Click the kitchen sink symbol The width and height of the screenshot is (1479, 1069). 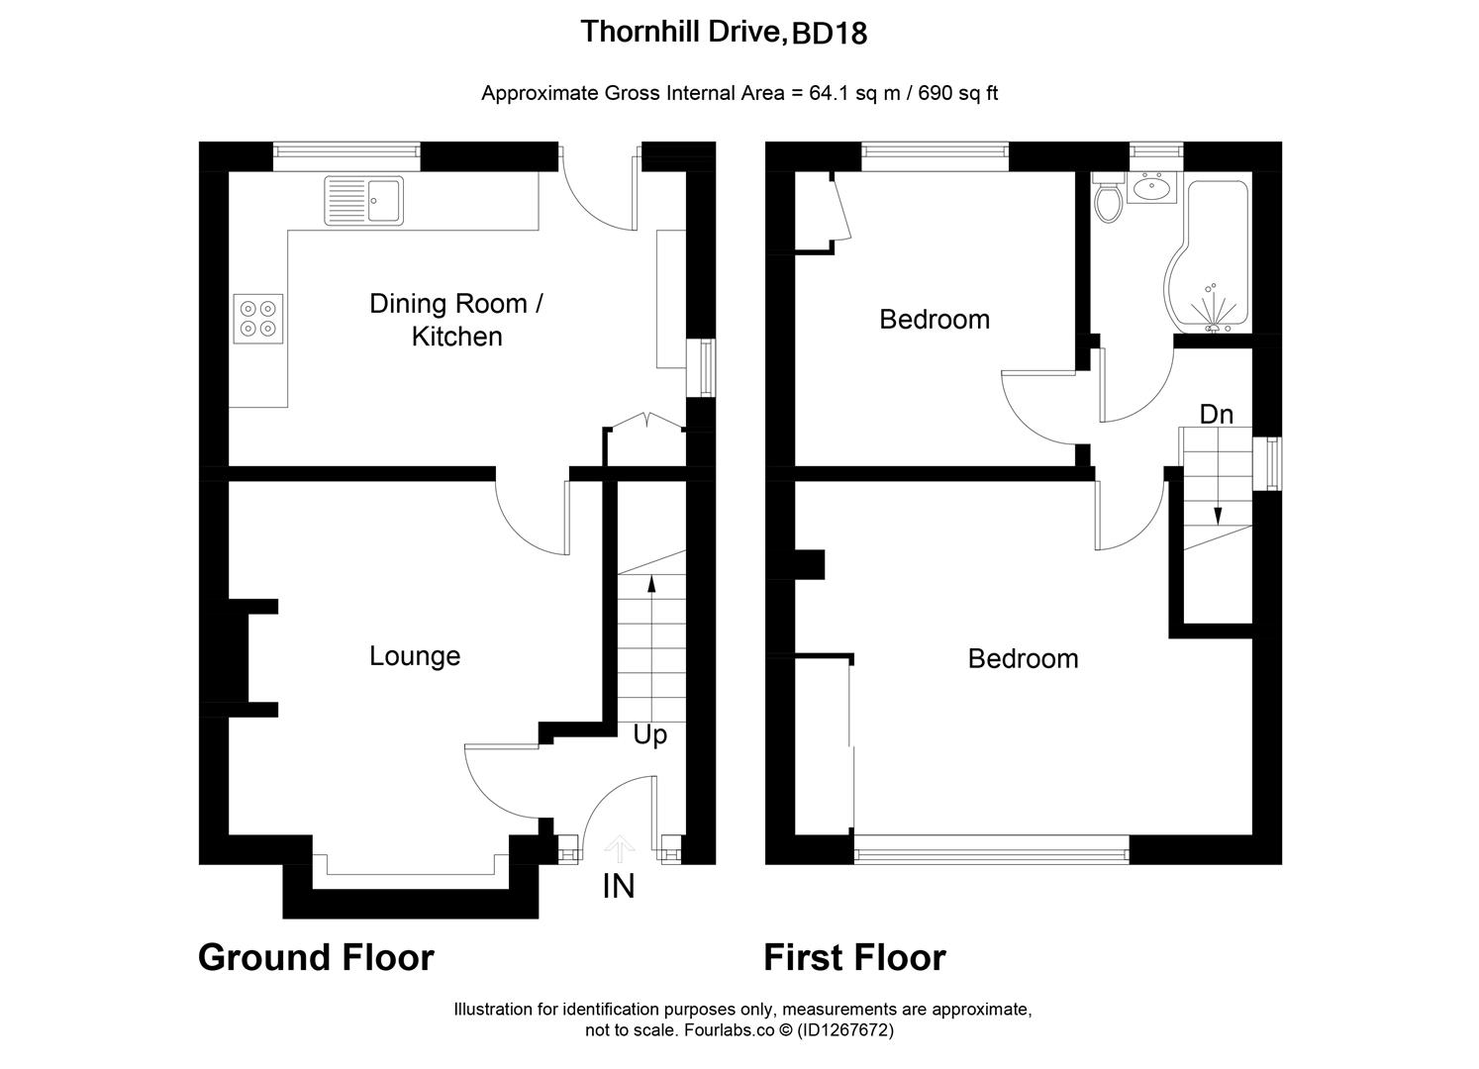click(x=363, y=201)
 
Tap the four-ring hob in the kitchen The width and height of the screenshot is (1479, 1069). click(x=258, y=319)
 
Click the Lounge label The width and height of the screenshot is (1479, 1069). click(x=415, y=656)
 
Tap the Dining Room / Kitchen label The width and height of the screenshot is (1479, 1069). click(x=456, y=320)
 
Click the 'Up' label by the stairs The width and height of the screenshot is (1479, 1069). click(x=650, y=735)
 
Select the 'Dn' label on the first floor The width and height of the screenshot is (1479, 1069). click(x=1217, y=414)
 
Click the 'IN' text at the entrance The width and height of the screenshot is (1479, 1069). click(x=619, y=887)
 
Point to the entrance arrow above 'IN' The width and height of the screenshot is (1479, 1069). click(x=620, y=847)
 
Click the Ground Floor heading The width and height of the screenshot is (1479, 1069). click(x=316, y=957)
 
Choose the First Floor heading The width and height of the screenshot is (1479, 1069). click(x=854, y=957)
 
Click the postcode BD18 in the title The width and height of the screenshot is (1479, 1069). click(x=830, y=35)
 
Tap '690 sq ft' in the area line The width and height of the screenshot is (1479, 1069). click(x=958, y=94)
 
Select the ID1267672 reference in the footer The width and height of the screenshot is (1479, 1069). click(x=843, y=1030)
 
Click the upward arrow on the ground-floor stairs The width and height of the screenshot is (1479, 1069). click(x=651, y=584)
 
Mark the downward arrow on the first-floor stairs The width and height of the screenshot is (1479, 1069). click(x=1218, y=514)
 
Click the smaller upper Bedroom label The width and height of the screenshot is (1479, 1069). click(x=935, y=320)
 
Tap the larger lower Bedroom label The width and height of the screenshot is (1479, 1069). click(x=1023, y=659)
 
